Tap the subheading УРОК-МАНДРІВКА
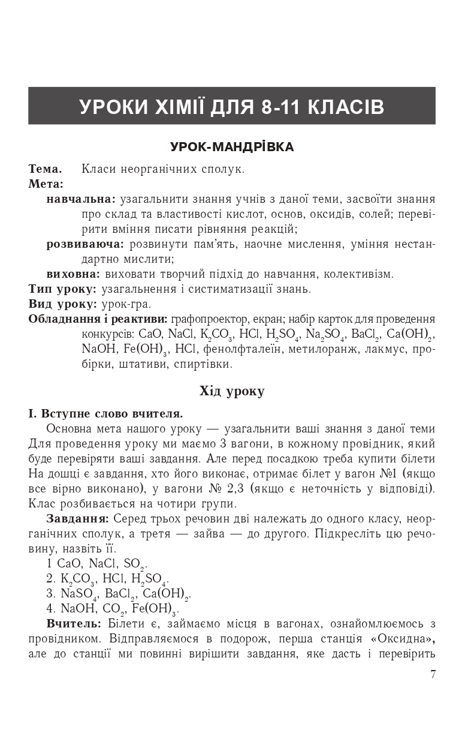[x=232, y=147]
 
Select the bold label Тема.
[x=45, y=169]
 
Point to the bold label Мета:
[x=46, y=184]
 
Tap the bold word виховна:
[x=73, y=274]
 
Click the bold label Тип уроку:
[x=62, y=289]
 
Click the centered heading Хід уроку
[x=232, y=392]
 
